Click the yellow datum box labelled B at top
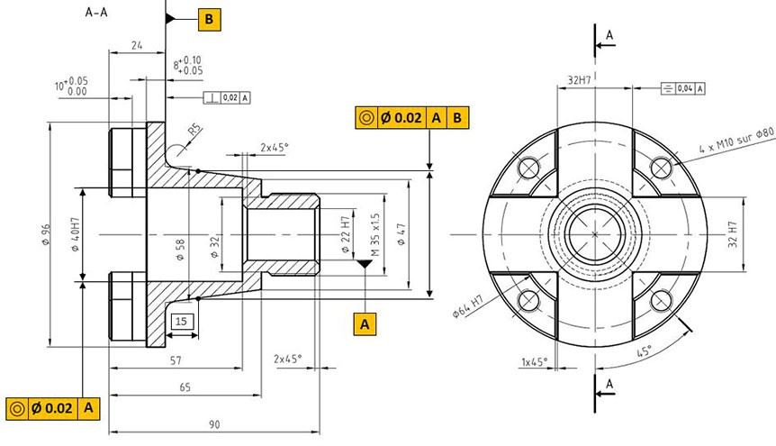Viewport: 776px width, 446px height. tap(209, 18)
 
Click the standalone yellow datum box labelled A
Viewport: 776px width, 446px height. tap(365, 323)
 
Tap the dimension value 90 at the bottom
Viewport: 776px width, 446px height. tap(215, 423)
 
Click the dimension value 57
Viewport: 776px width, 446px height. tap(176, 360)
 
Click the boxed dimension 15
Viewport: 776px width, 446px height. tap(181, 322)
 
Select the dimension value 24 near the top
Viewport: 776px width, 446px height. tap(137, 43)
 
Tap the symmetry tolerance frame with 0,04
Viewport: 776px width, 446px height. tap(682, 87)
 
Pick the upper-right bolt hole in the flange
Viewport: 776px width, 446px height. tap(663, 166)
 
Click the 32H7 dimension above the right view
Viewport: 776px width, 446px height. tap(580, 80)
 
